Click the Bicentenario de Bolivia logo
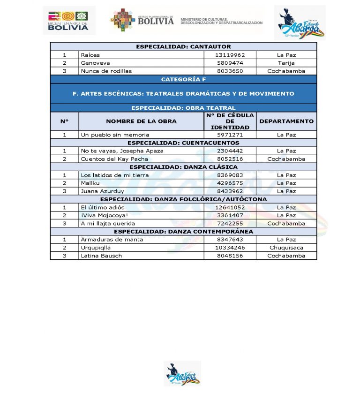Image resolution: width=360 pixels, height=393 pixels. pyautogui.click(x=68, y=21)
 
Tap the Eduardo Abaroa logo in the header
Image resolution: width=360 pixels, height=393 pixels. pyautogui.click(x=300, y=23)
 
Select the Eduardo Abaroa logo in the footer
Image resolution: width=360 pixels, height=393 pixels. pyautogui.click(x=182, y=373)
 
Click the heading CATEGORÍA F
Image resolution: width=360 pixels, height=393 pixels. pyautogui.click(x=183, y=79)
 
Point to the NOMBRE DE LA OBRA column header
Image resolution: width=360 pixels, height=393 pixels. pyautogui.click(x=141, y=121)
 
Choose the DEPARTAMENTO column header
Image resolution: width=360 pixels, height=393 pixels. pyautogui.click(x=286, y=121)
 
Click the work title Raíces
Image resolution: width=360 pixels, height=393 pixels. pyautogui.click(x=90, y=55)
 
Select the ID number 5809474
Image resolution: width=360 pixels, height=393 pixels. pyautogui.click(x=230, y=63)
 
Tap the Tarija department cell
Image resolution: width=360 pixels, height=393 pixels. pyautogui.click(x=286, y=63)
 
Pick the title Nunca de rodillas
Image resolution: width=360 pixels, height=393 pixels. pyautogui.click(x=106, y=71)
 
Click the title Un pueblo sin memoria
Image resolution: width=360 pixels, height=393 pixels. pyautogui.click(x=115, y=135)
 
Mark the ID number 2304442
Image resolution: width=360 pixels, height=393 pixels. pyautogui.click(x=230, y=151)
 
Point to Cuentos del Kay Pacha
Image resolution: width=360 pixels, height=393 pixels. pyautogui.click(x=114, y=159)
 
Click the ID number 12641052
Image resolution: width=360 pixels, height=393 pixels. pyautogui.click(x=230, y=207)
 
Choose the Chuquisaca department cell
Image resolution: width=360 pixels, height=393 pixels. pyautogui.click(x=286, y=248)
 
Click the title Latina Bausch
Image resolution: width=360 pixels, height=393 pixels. pyautogui.click(x=101, y=256)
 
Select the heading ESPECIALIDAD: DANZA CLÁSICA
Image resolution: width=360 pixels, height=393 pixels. pyautogui.click(x=183, y=167)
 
